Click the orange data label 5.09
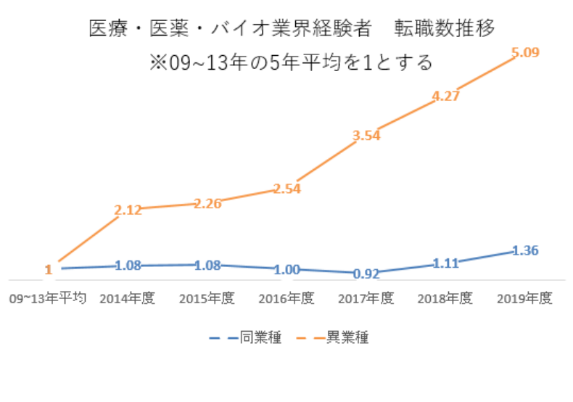525,54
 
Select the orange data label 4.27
446,97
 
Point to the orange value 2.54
287,189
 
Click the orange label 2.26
207,203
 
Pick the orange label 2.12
128,210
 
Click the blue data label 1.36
524,250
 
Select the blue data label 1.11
445,263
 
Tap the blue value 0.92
366,274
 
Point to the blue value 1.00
287,269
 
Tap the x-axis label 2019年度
524,298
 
